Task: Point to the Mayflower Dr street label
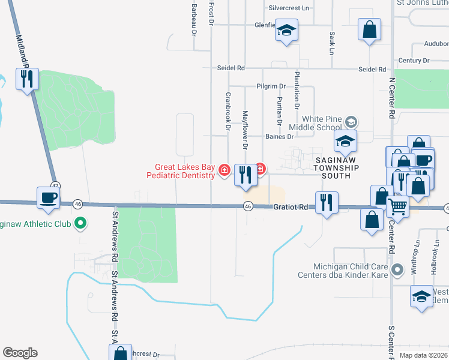(x=245, y=130)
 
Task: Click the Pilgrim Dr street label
(x=270, y=86)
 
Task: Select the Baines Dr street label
(x=279, y=137)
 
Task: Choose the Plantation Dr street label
(x=297, y=90)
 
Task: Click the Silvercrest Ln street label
(x=288, y=8)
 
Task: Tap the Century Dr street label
(x=414, y=61)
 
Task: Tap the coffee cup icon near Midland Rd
(x=48, y=197)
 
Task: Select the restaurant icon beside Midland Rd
(x=26, y=79)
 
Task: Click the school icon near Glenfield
(x=287, y=31)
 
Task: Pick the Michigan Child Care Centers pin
(x=396, y=271)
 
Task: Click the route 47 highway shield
(x=55, y=185)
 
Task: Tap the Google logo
(x=20, y=353)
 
